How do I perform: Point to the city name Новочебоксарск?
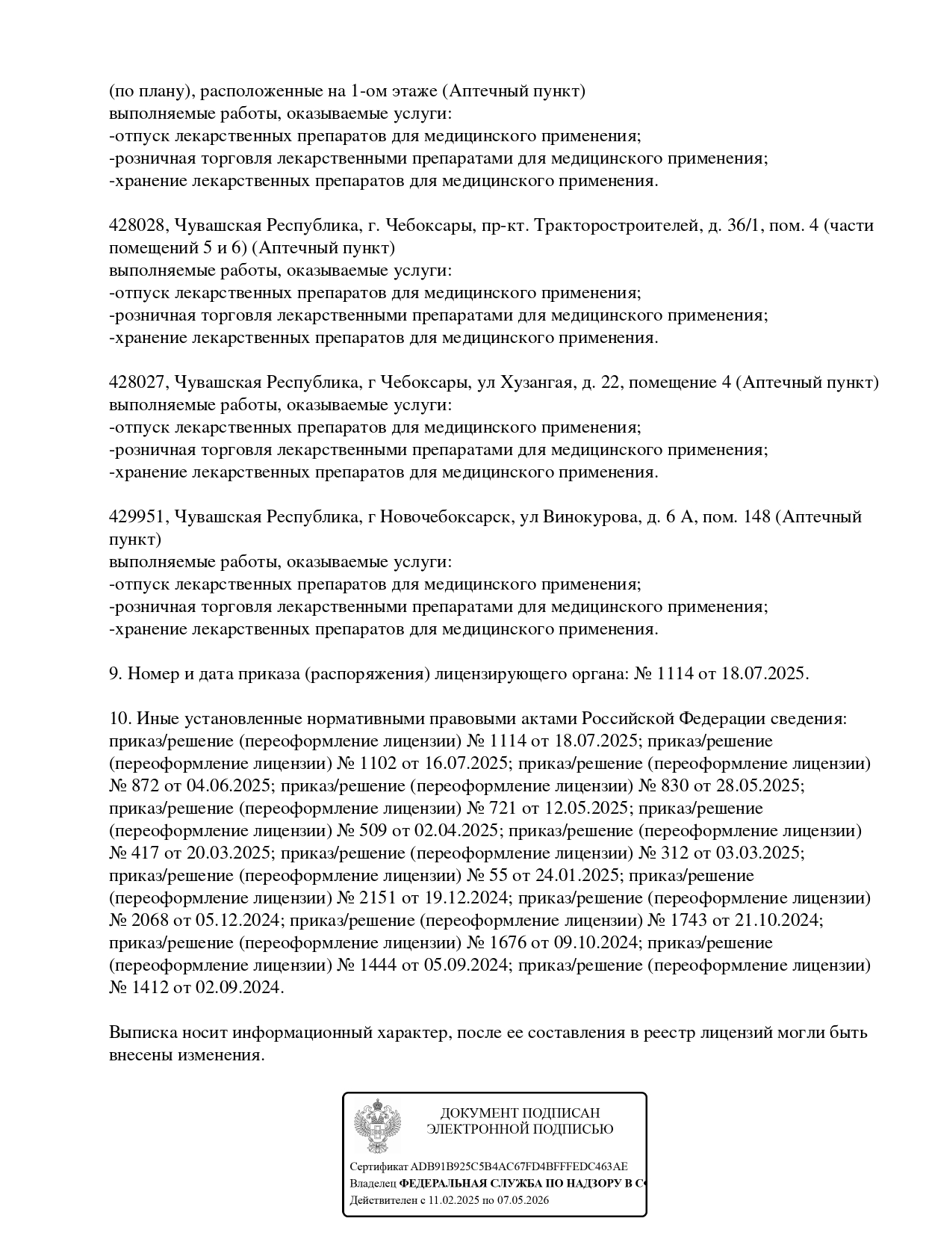point(446,517)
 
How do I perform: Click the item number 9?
point(115,674)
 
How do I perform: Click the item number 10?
point(119,719)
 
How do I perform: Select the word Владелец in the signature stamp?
point(373,1184)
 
